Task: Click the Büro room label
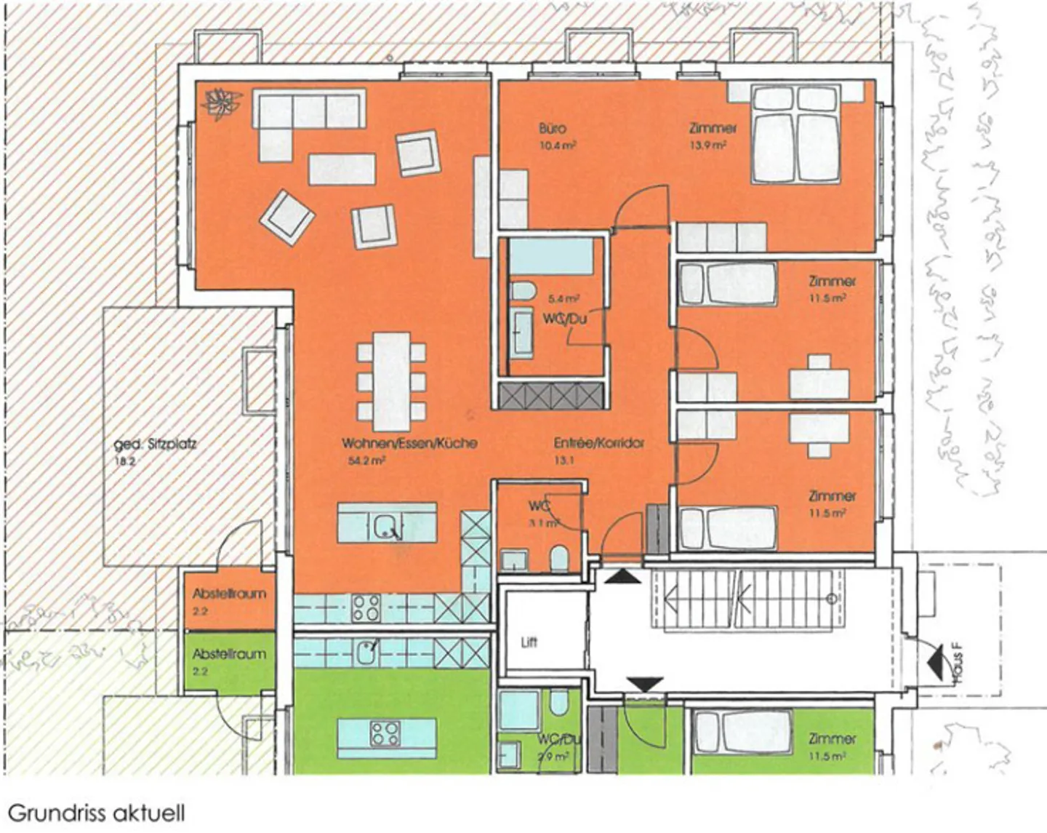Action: point(553,129)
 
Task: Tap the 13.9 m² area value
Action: point(708,146)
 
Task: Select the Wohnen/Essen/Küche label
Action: point(409,443)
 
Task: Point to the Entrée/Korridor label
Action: point(599,443)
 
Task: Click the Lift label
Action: point(529,642)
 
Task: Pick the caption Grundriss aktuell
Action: point(96,813)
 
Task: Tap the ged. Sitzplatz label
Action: point(155,443)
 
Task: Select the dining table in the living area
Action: point(391,381)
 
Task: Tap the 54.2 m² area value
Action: point(366,461)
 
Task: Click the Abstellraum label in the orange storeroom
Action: point(229,594)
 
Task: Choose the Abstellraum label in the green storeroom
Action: point(229,654)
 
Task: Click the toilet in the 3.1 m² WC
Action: point(559,559)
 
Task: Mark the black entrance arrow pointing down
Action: point(645,685)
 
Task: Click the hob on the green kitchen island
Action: point(385,733)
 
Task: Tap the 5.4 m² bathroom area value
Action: point(563,298)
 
